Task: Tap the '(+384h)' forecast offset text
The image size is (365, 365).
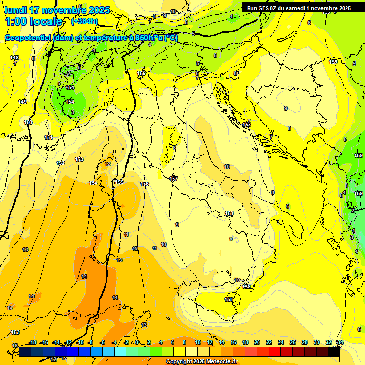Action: tap(84, 21)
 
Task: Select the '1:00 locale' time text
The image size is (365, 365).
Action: tap(33, 21)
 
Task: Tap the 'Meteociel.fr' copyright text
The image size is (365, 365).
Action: tap(219, 362)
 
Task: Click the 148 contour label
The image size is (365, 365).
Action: tap(14, 58)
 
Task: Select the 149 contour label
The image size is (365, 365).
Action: tap(22, 102)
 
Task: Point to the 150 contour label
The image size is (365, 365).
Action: tap(28, 122)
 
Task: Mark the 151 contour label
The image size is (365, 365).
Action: tap(48, 137)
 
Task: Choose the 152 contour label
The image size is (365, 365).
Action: tap(60, 163)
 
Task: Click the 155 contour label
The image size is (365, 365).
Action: tap(120, 182)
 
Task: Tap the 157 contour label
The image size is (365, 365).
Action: tap(173, 179)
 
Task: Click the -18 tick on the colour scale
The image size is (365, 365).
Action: tap(32, 342)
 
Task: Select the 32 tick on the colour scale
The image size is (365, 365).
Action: tap(328, 342)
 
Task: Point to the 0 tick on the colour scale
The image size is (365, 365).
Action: tap(137, 342)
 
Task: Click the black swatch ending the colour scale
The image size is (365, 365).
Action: tap(334, 352)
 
